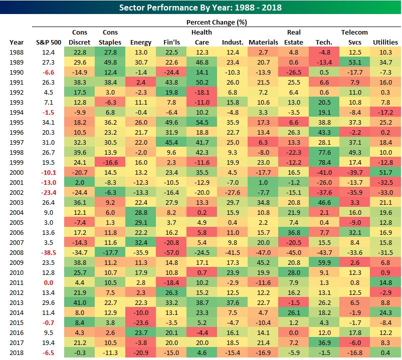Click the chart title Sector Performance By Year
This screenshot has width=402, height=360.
click(x=200, y=8)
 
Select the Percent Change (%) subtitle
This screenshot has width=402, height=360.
click(x=216, y=22)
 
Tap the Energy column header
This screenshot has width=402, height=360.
click(x=140, y=43)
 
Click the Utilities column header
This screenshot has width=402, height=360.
click(x=385, y=43)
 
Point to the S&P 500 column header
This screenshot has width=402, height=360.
click(x=49, y=43)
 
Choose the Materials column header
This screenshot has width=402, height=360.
click(x=263, y=43)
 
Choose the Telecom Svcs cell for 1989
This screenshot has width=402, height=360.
click(x=354, y=62)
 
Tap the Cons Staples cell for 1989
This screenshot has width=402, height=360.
click(x=110, y=62)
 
